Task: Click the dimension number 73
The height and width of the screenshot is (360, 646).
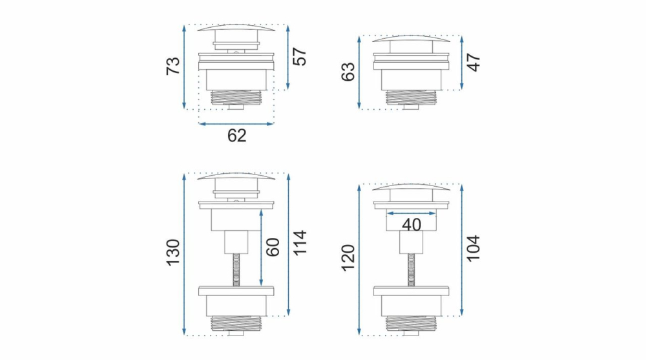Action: [x=173, y=66]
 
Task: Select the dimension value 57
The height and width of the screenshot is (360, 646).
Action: [x=300, y=57]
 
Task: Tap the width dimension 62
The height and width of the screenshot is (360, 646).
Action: [x=237, y=136]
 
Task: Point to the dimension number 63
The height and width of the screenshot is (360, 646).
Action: [x=348, y=72]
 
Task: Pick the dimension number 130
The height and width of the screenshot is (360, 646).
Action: [x=173, y=253]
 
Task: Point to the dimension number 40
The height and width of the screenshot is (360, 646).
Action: [x=411, y=225]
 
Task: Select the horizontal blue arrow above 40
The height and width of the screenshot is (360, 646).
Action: [x=412, y=212]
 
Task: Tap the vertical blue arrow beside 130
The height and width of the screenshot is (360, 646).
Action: [x=185, y=255]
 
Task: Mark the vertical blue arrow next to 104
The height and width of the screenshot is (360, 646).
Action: [x=462, y=250]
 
